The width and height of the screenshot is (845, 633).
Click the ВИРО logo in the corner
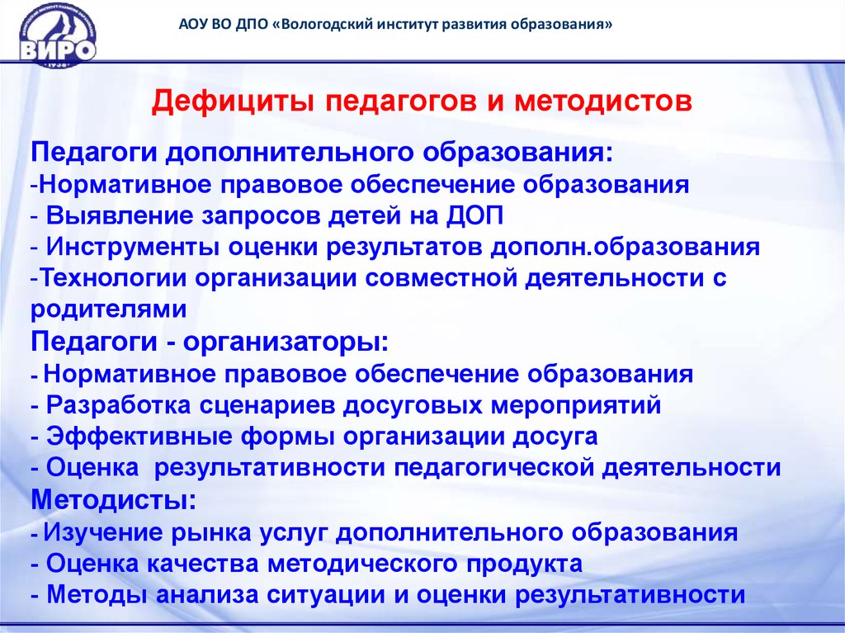click(x=58, y=35)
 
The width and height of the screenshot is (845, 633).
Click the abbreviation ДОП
click(x=474, y=216)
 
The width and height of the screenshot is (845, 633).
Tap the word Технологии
click(x=113, y=278)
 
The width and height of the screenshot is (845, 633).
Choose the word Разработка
click(x=119, y=405)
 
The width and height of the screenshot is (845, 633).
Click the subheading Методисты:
click(x=114, y=500)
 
